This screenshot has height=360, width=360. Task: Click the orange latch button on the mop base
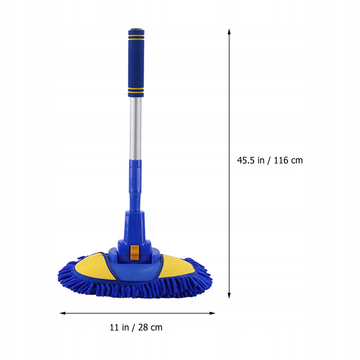coord(135,253)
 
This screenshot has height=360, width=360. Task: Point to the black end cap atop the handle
coord(136,30)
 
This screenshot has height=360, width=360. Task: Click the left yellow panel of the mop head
coord(95,266)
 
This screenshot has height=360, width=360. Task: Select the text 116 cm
coord(289,160)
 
